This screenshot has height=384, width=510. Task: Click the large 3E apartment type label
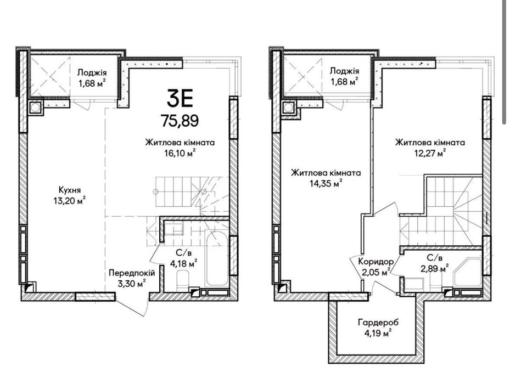point(180,99)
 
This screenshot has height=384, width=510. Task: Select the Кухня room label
point(70,190)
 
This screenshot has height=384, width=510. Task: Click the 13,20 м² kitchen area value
point(70,201)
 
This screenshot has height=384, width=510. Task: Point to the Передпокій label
point(132,273)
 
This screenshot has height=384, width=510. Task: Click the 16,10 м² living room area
point(180,153)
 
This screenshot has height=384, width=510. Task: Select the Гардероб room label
point(378,323)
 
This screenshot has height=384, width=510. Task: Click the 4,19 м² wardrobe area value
point(378,334)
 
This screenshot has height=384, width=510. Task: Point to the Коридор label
point(376,262)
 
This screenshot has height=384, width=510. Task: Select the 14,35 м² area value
point(326,184)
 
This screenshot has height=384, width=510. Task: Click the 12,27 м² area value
point(430,153)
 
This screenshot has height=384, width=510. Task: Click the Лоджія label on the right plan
point(344,71)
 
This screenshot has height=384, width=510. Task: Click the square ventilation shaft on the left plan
point(36,107)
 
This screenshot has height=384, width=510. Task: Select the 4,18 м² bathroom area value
point(184,263)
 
